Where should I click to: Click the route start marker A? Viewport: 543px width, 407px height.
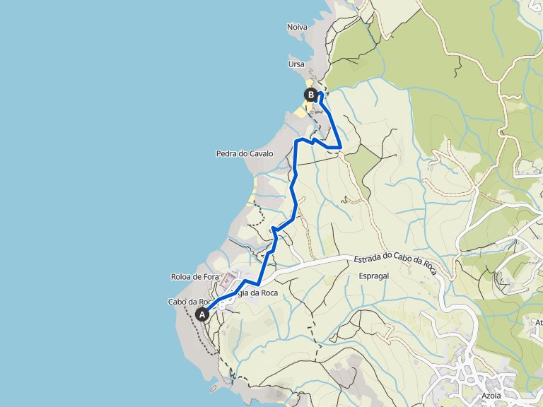click(x=202, y=314)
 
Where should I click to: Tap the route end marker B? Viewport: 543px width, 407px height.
click(x=310, y=94)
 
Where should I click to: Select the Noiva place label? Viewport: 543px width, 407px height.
click(x=297, y=27)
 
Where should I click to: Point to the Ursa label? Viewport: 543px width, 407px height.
click(x=296, y=64)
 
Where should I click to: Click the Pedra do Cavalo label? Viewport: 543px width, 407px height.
click(x=244, y=153)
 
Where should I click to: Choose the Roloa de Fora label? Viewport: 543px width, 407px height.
click(x=194, y=277)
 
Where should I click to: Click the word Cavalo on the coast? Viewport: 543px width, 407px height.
click(x=261, y=153)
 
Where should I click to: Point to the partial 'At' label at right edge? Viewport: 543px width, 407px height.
click(x=539, y=322)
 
